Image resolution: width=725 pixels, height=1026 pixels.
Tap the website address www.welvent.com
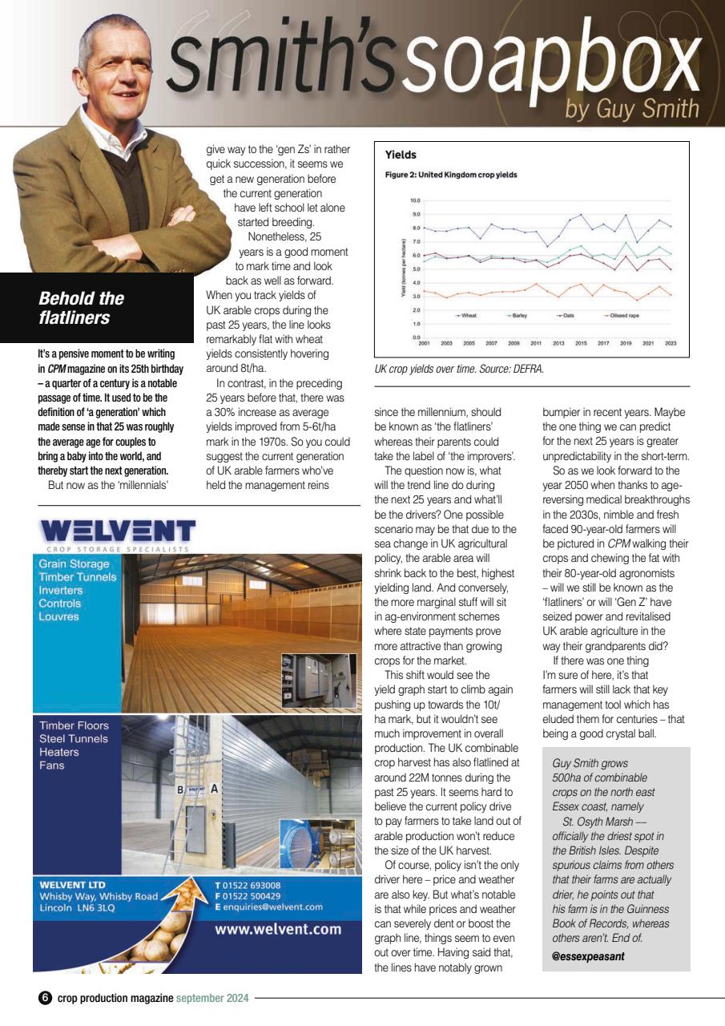(x=278, y=930)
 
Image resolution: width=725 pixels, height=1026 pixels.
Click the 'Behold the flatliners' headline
(x=81, y=308)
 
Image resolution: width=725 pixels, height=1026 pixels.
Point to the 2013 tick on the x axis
(x=558, y=342)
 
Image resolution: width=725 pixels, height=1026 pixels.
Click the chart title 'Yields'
(x=401, y=154)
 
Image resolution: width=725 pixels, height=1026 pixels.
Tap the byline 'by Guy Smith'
(x=632, y=107)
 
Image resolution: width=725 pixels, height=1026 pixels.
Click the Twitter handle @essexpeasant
(x=589, y=956)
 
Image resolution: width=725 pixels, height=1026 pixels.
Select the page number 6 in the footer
(x=45, y=998)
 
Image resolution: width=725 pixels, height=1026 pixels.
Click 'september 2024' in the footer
(x=212, y=998)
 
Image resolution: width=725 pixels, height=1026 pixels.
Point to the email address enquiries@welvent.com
(x=272, y=907)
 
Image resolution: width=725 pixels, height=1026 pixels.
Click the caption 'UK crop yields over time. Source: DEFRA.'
(x=459, y=370)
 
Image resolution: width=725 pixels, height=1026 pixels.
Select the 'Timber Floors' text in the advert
(x=74, y=725)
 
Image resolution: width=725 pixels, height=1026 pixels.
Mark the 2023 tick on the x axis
(x=670, y=342)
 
